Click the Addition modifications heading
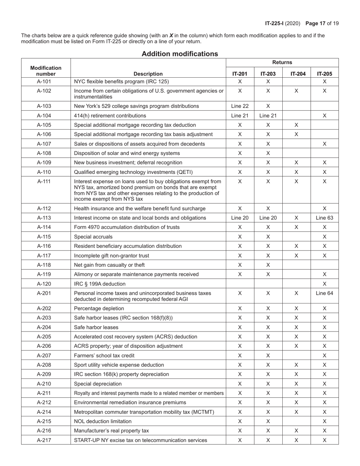(180, 54)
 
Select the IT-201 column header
(239, 74)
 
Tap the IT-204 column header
(296, 74)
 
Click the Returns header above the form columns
(282, 63)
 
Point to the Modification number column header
(46, 71)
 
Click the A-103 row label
(46, 106)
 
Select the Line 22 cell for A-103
(239, 106)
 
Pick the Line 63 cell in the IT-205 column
(324, 218)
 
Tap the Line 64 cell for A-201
(324, 293)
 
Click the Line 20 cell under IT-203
(268, 218)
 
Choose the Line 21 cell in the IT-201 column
(239, 116)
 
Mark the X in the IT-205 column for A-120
(324, 284)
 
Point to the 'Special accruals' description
(93, 237)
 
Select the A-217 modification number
(46, 440)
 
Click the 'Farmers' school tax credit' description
(104, 356)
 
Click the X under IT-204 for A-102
(296, 91)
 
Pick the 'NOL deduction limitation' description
(103, 421)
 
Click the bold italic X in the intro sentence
(171, 36)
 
